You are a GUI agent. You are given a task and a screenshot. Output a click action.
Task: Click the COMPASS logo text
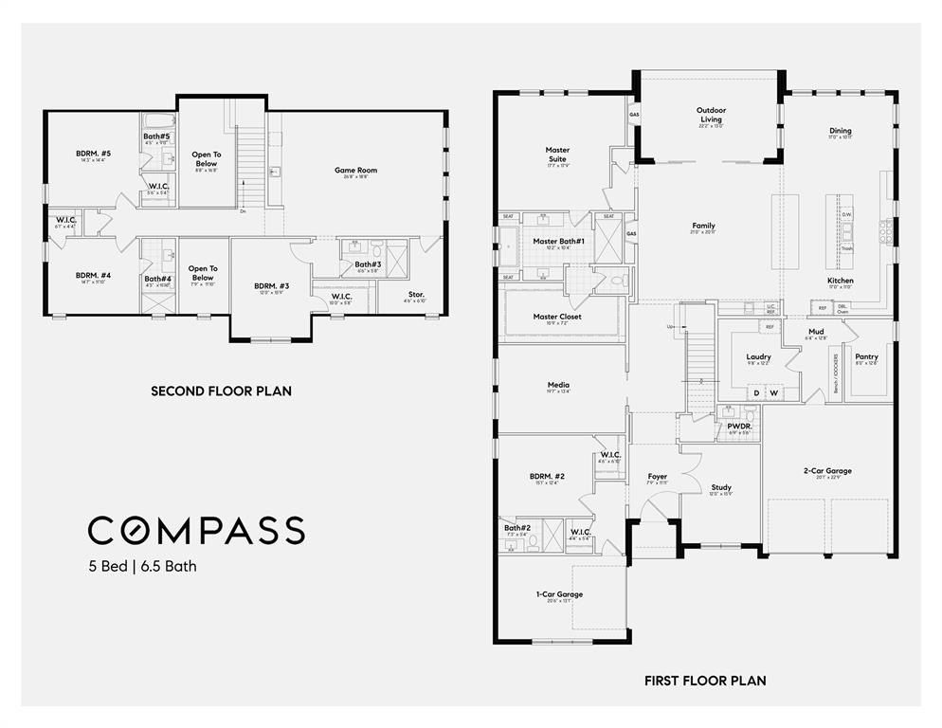click(196, 530)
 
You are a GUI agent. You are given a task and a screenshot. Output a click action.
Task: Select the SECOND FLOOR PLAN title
click(221, 391)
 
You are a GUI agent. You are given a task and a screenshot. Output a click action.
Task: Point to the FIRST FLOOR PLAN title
click(705, 681)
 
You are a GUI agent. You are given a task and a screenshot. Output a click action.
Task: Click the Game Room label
click(355, 171)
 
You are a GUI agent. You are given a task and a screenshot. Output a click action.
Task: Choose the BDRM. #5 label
click(94, 154)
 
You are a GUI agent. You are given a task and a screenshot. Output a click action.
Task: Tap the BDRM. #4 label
click(94, 275)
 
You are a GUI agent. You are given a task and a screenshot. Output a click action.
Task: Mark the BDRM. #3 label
click(271, 285)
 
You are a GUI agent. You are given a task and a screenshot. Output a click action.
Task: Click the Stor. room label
click(416, 295)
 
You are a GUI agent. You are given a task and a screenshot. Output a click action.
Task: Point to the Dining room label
click(840, 131)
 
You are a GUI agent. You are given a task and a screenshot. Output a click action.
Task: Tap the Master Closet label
click(557, 317)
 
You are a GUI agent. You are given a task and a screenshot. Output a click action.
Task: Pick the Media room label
click(557, 385)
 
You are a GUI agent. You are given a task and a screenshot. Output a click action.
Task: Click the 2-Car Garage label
click(826, 470)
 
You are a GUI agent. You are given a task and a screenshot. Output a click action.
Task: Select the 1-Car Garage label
click(559, 594)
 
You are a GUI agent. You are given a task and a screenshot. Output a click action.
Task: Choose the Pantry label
click(866, 357)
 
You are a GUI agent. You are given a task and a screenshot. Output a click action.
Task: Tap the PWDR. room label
click(739, 427)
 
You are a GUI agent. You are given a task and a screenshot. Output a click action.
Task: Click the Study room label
click(721, 488)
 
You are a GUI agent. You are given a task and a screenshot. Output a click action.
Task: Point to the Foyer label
click(657, 476)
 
